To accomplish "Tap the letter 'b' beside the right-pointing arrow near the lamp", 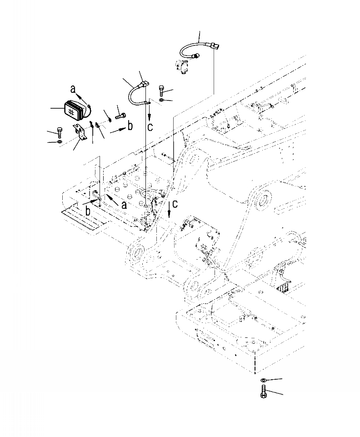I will tap(130, 126).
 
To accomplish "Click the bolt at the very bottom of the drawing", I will tap(264, 391).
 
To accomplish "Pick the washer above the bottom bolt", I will tap(264, 380).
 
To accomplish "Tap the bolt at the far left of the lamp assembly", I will tap(60, 132).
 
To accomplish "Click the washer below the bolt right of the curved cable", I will tap(163, 99).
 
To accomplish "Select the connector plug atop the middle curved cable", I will tap(144, 85).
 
